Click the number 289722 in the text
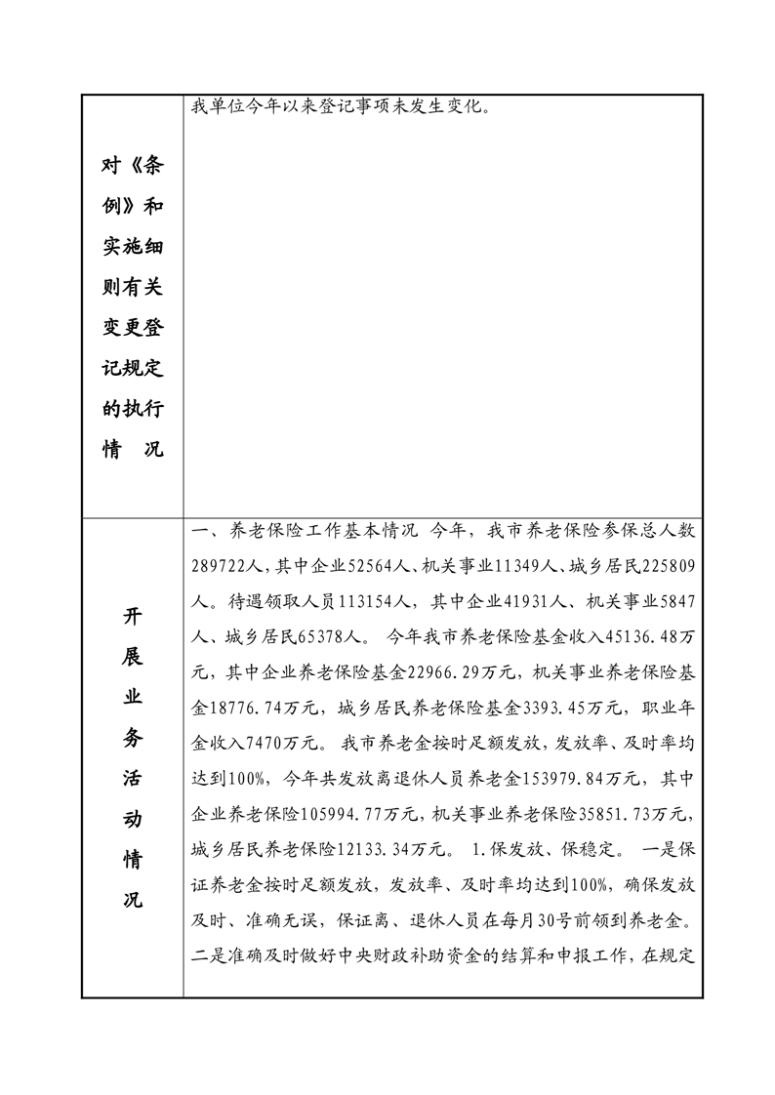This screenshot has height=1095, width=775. [222, 566]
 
